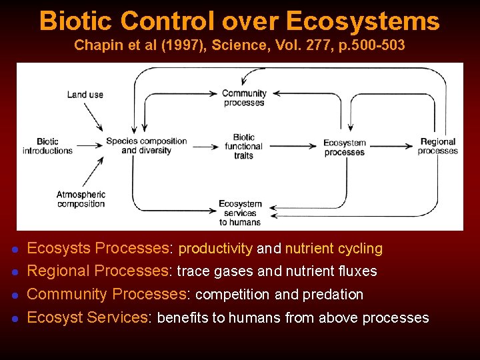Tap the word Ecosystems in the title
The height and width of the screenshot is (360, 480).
363,21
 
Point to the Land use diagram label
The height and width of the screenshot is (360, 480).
85,94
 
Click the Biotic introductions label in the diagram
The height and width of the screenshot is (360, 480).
47,146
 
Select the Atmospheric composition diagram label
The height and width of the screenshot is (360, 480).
81,199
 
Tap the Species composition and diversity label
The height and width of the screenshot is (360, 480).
147,145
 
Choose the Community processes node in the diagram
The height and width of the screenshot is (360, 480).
244,98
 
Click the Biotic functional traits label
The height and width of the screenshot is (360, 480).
244,146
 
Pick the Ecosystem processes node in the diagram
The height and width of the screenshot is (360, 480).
345,147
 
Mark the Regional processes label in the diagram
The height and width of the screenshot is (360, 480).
438,146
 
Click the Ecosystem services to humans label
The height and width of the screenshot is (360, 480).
241,213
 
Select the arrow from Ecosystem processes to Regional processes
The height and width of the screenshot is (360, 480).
392,145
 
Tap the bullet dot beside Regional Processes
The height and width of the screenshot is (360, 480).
15,272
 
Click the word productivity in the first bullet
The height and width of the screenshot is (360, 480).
215,249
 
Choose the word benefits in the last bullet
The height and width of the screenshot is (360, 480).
182,317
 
